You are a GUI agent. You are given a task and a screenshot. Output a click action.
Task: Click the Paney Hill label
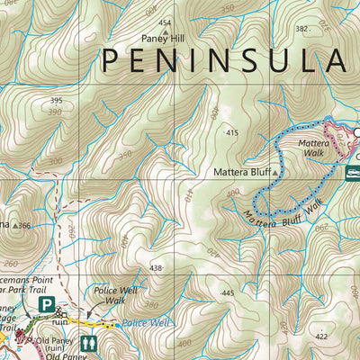[164, 39]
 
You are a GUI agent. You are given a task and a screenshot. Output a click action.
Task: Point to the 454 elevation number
[164, 22]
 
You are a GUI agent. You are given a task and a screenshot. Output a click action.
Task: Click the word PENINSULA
[223, 60]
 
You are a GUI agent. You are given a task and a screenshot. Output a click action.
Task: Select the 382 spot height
[301, 29]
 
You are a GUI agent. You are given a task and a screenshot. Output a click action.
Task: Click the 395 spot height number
[57, 101]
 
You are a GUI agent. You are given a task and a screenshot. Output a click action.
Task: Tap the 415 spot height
[232, 132]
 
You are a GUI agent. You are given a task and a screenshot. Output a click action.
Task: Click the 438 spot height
[157, 268]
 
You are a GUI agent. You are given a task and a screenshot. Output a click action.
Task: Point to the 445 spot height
[226, 292]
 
